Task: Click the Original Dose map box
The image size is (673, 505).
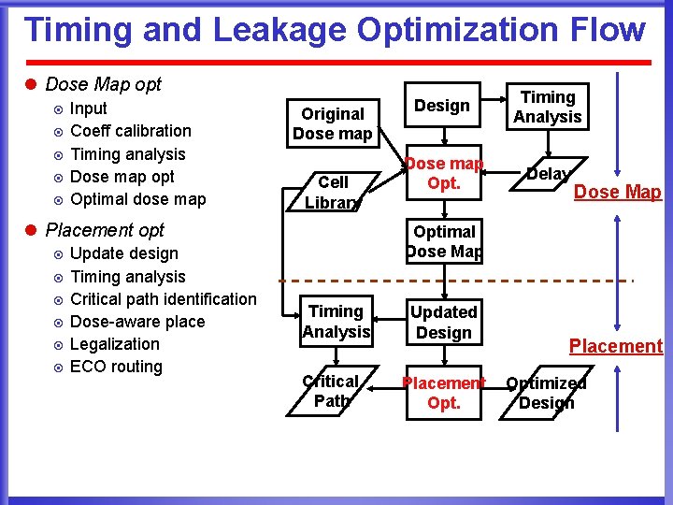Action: [x=332, y=123]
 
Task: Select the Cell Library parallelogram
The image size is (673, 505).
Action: [x=333, y=191]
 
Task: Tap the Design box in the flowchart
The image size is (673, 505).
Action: [x=443, y=106]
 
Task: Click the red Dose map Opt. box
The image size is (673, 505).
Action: [x=444, y=173]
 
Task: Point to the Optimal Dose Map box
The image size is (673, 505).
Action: [x=444, y=241]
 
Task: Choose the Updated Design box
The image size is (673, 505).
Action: [x=444, y=322]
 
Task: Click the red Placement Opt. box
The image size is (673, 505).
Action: [x=444, y=393]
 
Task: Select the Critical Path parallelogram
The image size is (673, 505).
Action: [x=331, y=391]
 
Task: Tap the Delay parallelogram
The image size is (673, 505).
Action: [x=548, y=174]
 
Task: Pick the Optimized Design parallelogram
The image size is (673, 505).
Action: [x=547, y=393]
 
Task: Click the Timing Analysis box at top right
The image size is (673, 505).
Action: [x=548, y=107]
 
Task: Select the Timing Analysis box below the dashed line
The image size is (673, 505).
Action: [x=336, y=322]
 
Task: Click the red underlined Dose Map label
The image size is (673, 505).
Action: [x=617, y=193]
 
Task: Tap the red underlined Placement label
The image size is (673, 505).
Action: [x=616, y=346]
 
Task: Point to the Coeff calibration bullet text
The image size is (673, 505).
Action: [x=131, y=131]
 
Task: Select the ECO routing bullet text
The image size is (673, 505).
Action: [x=116, y=367]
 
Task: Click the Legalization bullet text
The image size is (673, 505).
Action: [x=115, y=344]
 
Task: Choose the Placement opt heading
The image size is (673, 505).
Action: [x=105, y=230]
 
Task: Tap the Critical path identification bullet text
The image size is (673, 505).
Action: [x=163, y=299]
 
